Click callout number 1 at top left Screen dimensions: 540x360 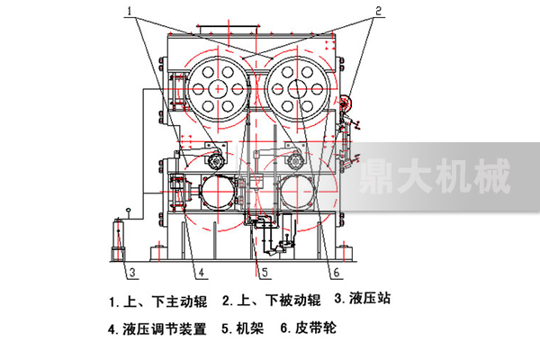(x=130, y=11)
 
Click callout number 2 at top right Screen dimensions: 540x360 (x=378, y=11)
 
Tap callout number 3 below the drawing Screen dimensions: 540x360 (x=132, y=273)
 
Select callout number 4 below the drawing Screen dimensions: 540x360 (x=202, y=273)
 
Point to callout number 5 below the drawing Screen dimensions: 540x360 (x=265, y=273)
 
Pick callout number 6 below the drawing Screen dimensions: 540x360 (x=336, y=273)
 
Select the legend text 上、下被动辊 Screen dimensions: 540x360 (x=279, y=300)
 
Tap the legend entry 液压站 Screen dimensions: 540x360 (x=370, y=298)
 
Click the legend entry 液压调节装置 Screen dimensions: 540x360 (x=165, y=329)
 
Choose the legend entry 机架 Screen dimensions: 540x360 (x=249, y=328)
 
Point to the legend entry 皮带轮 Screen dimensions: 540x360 (x=316, y=328)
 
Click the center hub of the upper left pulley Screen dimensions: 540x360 (x=218, y=89)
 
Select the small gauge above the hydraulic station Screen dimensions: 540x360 (x=129, y=210)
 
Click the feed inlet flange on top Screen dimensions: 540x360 (x=228, y=29)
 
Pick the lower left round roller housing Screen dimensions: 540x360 (x=218, y=192)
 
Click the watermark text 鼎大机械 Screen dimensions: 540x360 (x=434, y=176)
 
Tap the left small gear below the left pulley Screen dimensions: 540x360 (x=216, y=160)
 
